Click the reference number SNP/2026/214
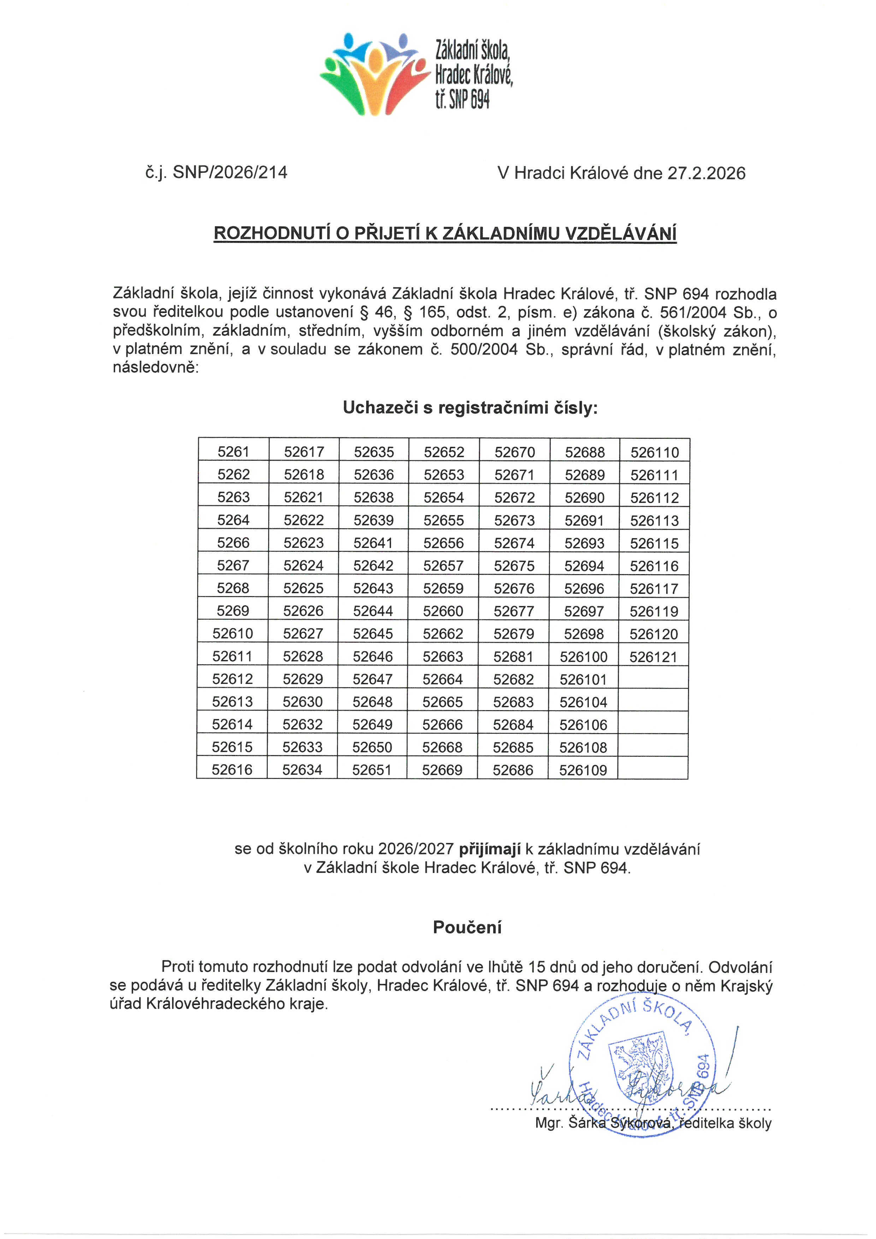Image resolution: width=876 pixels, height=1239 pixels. [230, 173]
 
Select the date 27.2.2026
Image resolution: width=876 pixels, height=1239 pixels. [706, 173]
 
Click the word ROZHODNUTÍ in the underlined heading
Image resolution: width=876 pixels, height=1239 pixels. [272, 233]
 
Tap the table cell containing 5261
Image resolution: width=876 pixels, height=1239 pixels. [233, 452]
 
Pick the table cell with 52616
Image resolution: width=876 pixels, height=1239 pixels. [232, 769]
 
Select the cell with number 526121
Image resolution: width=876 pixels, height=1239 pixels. [653, 657]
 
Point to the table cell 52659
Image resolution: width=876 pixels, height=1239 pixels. [443, 588]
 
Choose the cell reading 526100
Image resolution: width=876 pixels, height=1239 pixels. [583, 657]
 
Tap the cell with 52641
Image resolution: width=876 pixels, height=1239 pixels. [373, 543]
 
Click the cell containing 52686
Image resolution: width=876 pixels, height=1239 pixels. [513, 770]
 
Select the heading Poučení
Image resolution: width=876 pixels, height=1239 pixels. [467, 927]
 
